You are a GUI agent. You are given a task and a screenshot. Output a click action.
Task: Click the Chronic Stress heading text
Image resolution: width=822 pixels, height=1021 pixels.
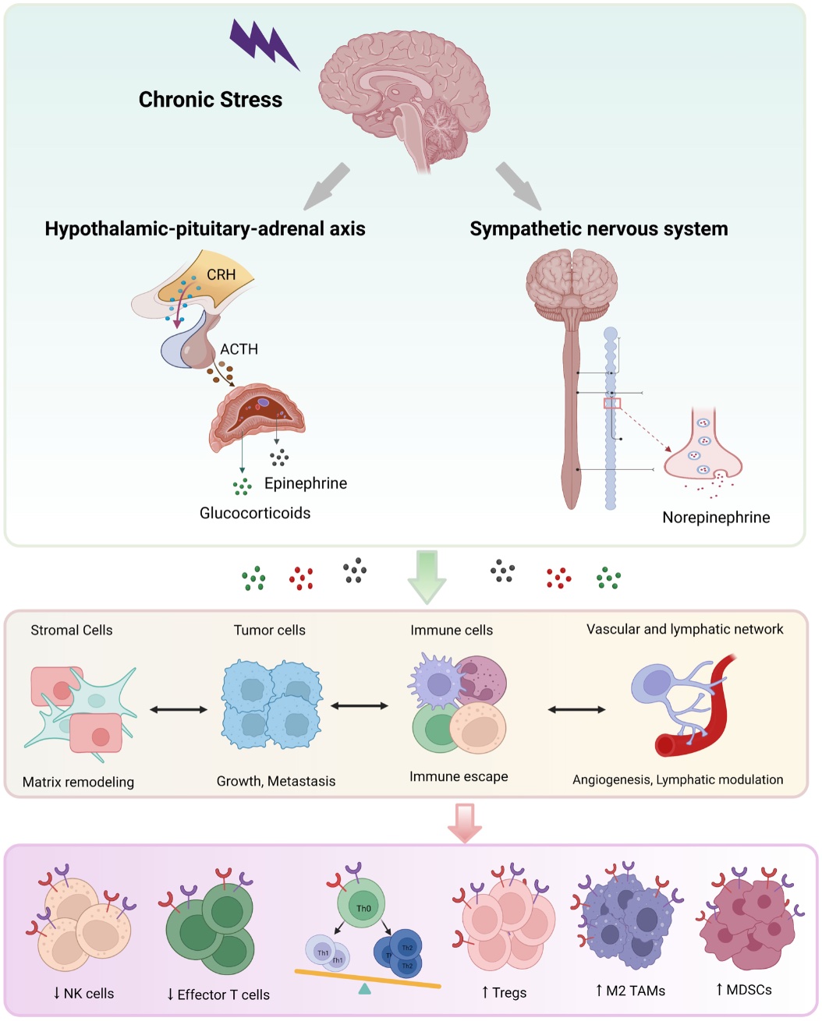click(210, 100)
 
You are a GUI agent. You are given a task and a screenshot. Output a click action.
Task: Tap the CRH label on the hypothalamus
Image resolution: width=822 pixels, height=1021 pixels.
click(221, 275)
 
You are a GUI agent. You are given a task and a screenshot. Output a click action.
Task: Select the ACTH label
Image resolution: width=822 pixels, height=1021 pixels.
click(239, 349)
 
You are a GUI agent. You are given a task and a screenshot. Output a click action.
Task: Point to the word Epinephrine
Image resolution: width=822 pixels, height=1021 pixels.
click(305, 483)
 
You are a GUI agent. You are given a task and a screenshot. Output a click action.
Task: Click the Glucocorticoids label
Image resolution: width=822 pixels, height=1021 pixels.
click(255, 513)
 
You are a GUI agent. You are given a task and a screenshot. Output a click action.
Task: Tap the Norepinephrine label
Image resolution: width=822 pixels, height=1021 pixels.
click(715, 518)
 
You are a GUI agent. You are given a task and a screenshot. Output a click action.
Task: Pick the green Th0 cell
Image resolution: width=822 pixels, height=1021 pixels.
click(362, 905)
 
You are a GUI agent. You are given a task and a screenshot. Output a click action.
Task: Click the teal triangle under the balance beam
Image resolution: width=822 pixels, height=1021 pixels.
click(364, 989)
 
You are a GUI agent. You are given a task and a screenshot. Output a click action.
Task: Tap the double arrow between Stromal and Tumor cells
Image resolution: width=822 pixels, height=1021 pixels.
click(179, 709)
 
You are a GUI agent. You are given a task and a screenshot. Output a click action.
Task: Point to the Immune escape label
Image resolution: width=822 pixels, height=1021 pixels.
click(459, 776)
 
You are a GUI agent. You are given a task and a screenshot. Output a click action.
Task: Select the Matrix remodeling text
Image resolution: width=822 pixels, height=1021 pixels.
click(78, 782)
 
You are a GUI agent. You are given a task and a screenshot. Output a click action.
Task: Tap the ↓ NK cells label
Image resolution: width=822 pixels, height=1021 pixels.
click(83, 993)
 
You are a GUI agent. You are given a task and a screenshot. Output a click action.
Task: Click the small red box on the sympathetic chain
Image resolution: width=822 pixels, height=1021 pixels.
click(611, 403)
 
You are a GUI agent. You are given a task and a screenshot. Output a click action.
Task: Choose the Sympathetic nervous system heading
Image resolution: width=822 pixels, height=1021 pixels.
click(598, 229)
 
